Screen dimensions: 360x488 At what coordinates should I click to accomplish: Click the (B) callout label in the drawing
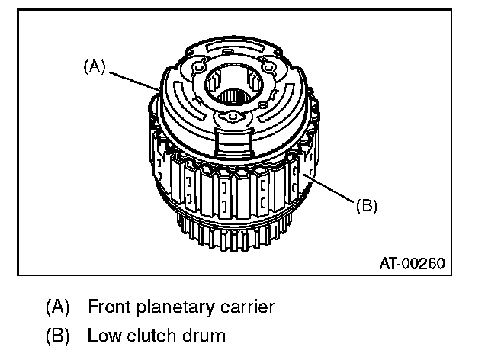[x=366, y=204]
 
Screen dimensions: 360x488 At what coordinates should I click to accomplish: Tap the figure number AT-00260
[x=412, y=264]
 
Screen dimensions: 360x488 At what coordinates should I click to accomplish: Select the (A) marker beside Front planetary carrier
[x=56, y=307]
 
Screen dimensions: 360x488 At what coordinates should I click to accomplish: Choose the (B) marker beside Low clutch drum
[x=56, y=335]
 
